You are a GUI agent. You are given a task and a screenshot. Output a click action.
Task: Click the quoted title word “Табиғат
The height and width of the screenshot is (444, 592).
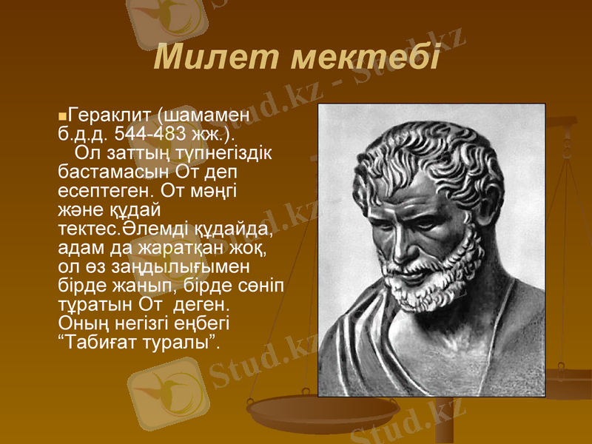coord(94,342)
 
